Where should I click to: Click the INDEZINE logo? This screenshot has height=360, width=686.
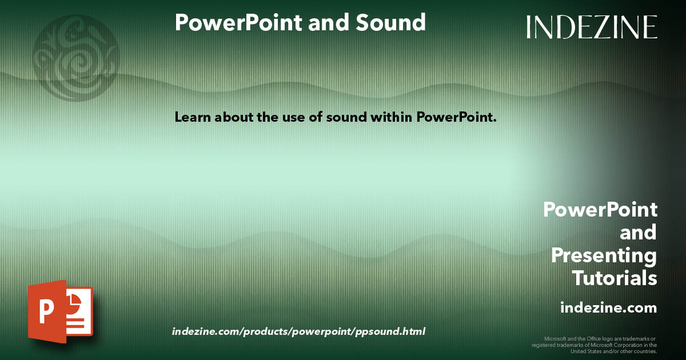[x=592, y=27]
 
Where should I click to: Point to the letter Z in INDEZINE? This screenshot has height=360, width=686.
[x=603, y=27]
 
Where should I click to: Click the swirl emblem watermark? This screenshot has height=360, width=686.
[x=76, y=57]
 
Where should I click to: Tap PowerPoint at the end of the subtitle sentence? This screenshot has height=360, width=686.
[x=456, y=118]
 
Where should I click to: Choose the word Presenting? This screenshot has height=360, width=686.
[x=604, y=256]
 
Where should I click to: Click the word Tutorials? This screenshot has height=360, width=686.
[x=615, y=278]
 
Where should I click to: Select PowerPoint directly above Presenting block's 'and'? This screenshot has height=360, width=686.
[x=600, y=210]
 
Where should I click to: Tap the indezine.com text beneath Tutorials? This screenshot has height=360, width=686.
[x=608, y=308]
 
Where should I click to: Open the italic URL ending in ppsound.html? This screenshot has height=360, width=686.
[x=298, y=331]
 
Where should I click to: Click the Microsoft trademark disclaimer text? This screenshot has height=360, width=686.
[x=595, y=345]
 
